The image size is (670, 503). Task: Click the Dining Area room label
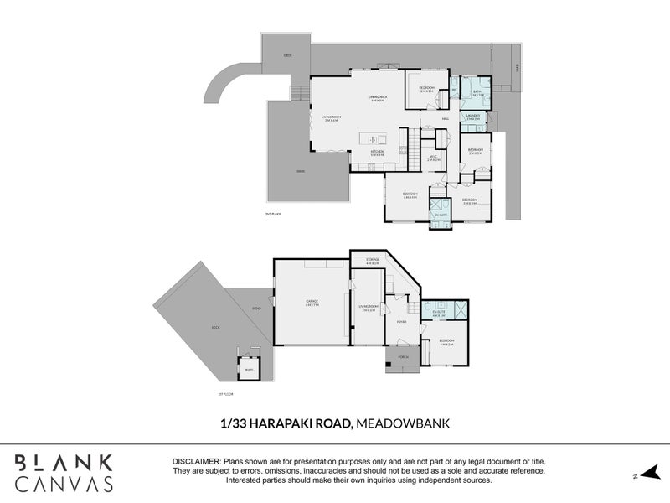(377, 97)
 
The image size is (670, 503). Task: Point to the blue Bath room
(477, 94)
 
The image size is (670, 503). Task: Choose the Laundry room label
(472, 116)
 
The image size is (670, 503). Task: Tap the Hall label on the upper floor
(446, 119)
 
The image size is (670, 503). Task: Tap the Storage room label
(373, 261)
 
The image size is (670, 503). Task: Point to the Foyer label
(401, 321)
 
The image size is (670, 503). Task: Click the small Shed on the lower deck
(248, 367)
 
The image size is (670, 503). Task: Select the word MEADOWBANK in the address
(404, 424)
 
